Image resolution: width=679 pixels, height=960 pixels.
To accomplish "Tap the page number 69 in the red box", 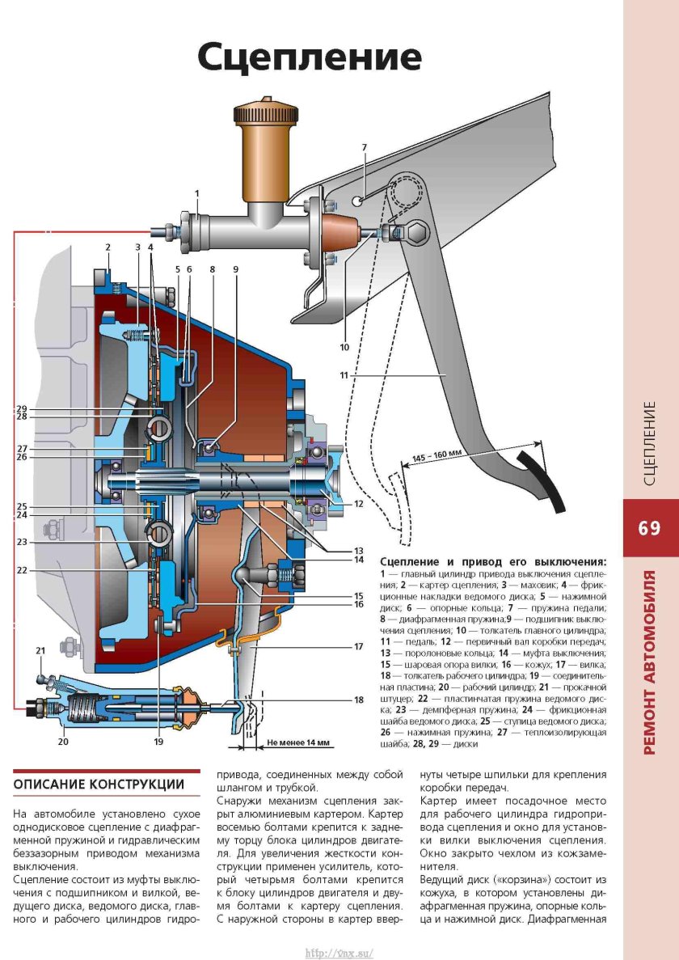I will tap(649, 528).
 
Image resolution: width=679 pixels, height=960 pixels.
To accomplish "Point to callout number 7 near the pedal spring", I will tap(365, 147).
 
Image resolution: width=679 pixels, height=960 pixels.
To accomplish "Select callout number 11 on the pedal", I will tap(344, 375).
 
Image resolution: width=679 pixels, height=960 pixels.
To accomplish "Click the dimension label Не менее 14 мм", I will tap(297, 742).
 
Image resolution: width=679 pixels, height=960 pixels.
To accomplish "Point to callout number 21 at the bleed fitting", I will tap(40, 649).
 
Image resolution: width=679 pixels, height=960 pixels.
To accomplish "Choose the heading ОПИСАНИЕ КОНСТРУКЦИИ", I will tap(99, 785).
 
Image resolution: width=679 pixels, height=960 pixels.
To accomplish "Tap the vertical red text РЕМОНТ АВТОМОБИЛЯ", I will tap(650, 663).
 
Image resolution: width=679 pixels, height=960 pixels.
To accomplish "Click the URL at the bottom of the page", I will tap(339, 953).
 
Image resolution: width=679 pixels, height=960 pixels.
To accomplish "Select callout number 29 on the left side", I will tap(22, 408).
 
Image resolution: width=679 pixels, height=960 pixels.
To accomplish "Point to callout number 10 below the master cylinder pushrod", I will tap(344, 349).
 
